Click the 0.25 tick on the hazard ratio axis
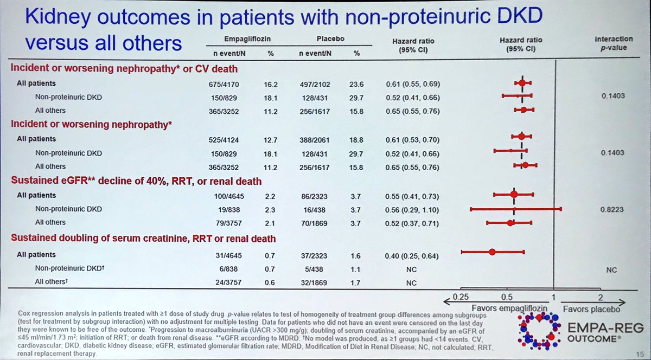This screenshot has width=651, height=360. click(x=461, y=297)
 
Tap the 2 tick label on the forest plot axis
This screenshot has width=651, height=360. click(x=600, y=297)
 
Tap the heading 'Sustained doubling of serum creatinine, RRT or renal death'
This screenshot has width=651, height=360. click(x=143, y=239)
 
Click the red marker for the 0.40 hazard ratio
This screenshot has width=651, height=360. click(x=492, y=252)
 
